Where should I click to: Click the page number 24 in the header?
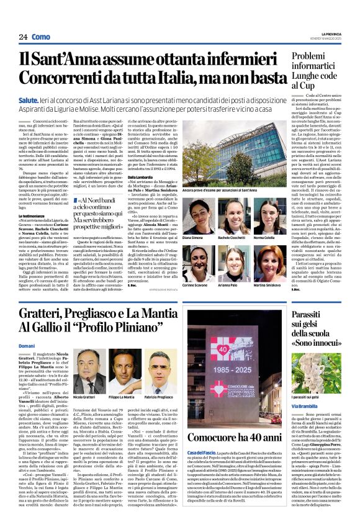click(x=22, y=37)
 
